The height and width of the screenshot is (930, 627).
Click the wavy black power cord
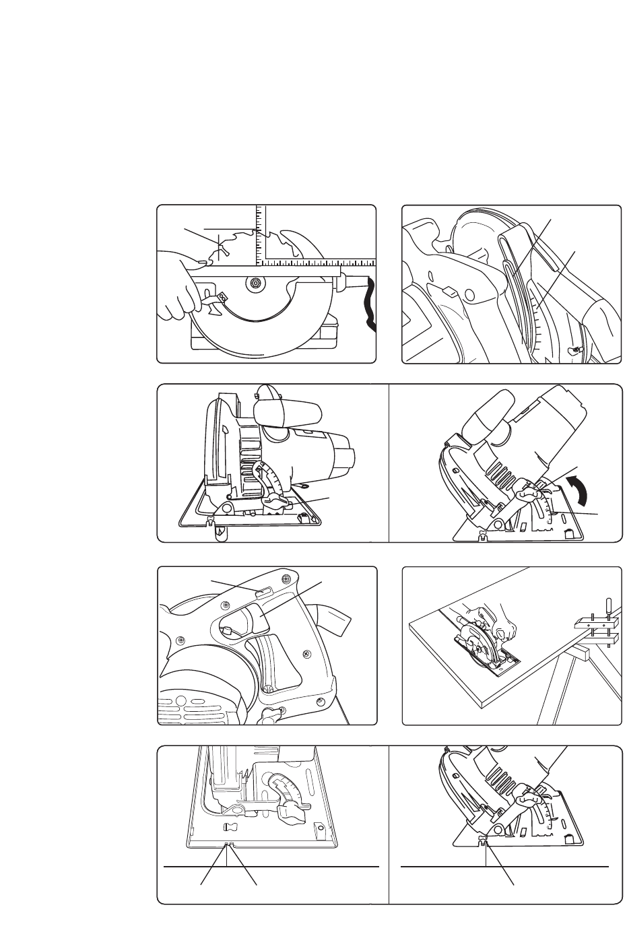pos(368,306)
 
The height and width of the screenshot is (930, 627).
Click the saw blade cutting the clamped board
pos(478,650)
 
